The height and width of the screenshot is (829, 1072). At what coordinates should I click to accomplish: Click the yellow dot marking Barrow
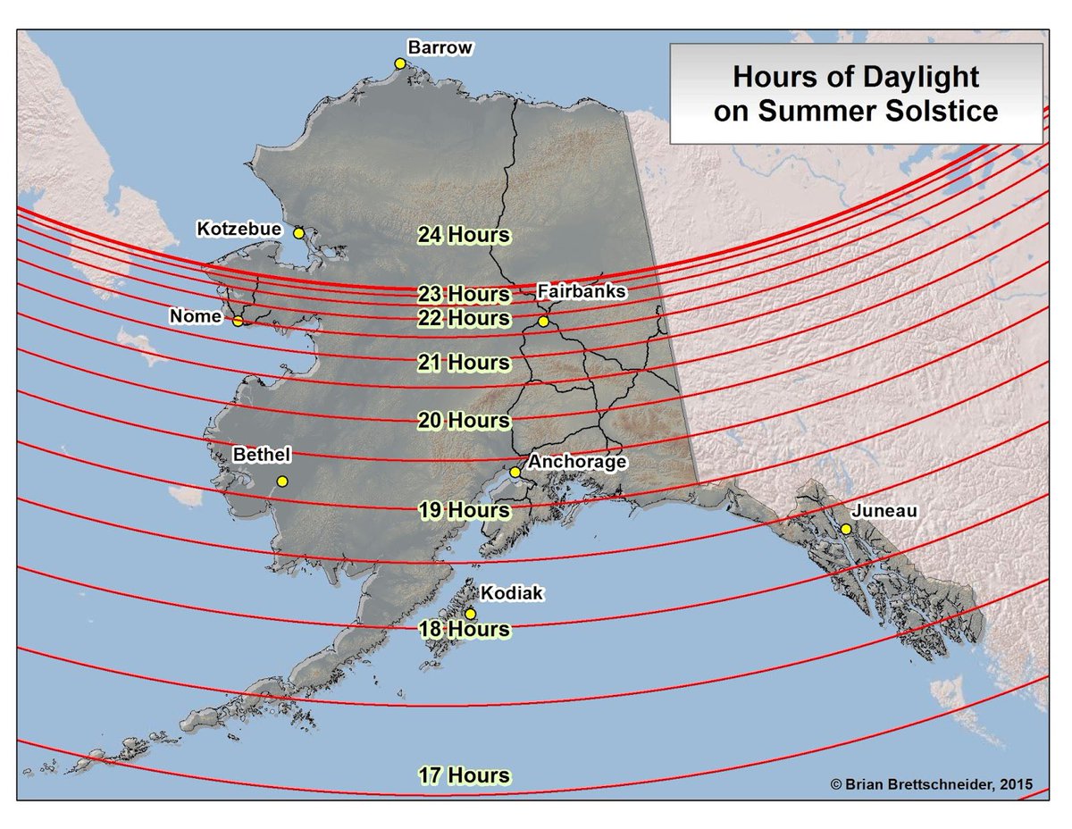tap(400, 63)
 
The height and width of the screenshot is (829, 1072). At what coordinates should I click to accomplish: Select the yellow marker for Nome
tap(238, 321)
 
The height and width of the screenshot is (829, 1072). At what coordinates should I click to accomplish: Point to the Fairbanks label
tap(581, 291)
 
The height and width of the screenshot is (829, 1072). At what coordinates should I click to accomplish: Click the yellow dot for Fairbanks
tap(543, 321)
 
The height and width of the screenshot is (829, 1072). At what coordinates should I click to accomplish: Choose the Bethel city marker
tap(282, 481)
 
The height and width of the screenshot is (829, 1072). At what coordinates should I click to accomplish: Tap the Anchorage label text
tap(577, 462)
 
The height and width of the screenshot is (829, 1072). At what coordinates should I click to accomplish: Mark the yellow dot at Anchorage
tap(515, 472)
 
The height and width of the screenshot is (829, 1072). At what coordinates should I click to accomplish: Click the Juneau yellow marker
tap(845, 529)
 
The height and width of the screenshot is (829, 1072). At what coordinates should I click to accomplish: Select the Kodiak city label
tap(511, 592)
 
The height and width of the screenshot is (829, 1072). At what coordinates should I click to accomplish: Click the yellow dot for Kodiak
tap(470, 614)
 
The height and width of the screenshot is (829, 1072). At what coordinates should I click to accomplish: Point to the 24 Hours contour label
tap(464, 235)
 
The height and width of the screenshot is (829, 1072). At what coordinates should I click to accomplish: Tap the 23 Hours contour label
tap(464, 294)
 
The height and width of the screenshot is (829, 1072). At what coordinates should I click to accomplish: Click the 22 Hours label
tap(464, 318)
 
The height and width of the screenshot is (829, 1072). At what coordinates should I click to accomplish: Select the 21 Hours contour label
tap(464, 363)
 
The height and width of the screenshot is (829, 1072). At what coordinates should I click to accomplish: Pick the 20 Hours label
tap(464, 420)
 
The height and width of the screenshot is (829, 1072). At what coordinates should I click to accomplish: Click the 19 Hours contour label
tap(464, 510)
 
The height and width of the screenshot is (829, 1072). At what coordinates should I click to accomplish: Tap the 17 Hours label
tap(464, 775)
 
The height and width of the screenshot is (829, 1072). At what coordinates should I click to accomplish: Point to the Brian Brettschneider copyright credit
tap(931, 783)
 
